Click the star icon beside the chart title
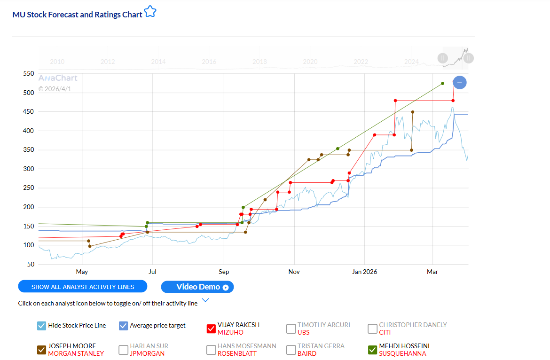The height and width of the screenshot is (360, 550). (x=150, y=12)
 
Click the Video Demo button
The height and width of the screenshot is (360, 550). (x=197, y=287)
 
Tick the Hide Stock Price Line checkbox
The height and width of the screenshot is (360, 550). (x=41, y=326)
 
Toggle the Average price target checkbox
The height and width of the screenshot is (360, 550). (x=124, y=326)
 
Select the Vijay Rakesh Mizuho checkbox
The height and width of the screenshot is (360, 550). (x=211, y=329)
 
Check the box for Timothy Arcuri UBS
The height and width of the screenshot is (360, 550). (x=291, y=329)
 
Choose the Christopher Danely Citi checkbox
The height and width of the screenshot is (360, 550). (x=372, y=329)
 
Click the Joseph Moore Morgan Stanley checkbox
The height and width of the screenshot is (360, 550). (x=41, y=350)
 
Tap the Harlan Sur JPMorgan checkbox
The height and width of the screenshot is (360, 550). (x=123, y=350)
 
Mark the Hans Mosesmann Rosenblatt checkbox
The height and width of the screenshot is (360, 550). (x=211, y=350)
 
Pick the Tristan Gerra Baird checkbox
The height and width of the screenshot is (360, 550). (x=291, y=350)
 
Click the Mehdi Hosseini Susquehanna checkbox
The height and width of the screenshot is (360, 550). (x=372, y=350)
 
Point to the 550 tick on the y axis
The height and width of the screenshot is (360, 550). (x=29, y=74)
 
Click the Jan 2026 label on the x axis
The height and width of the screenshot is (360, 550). (x=364, y=272)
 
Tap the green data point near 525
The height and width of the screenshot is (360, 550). (x=442, y=84)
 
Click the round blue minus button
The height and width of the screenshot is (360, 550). (x=460, y=83)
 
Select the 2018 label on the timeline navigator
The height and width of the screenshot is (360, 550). (x=259, y=62)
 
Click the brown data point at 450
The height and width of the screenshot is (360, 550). (x=413, y=112)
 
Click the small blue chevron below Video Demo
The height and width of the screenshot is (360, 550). (x=205, y=300)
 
